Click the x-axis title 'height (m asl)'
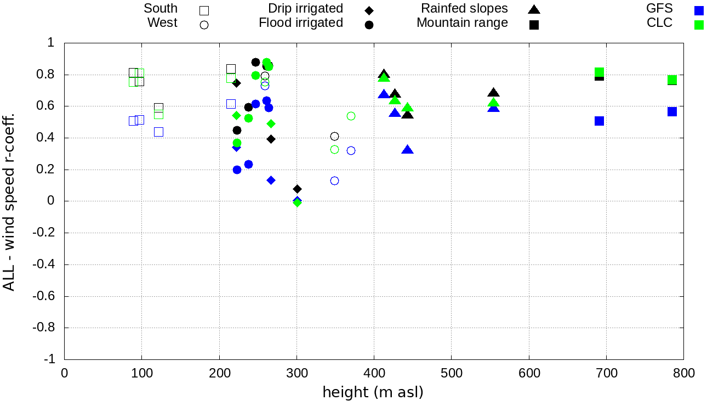point(373,393)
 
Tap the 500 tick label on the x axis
point(451,374)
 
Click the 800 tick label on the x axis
point(683,374)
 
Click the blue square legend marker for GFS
point(699,10)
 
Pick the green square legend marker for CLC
point(699,25)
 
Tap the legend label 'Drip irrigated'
point(305,9)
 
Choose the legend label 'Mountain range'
point(462,23)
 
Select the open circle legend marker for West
point(204,25)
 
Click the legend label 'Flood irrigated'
point(301,23)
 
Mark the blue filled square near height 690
point(599,121)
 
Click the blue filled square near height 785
point(672,111)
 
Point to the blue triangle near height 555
point(494,108)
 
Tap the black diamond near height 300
point(297,189)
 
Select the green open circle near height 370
point(351,116)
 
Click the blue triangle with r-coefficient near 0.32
point(407,150)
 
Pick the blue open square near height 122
point(158,132)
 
